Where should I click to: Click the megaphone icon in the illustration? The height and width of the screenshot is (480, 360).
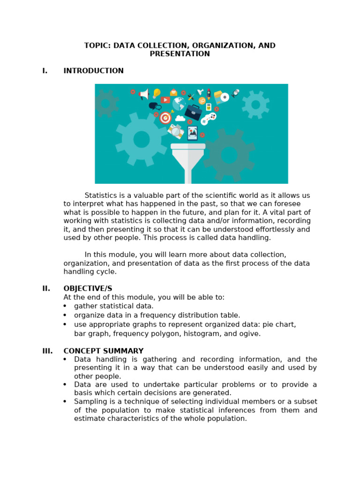point(144,94)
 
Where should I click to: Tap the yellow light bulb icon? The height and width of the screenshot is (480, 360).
point(157,93)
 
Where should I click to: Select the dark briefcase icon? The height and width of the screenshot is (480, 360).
point(193,112)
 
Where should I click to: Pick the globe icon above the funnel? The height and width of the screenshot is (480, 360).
point(178,104)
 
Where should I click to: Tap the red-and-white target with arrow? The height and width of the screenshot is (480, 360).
point(165,117)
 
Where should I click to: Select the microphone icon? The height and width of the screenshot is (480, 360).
point(235,93)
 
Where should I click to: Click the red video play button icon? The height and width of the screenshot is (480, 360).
point(165,100)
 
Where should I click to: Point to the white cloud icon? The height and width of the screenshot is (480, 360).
point(180,119)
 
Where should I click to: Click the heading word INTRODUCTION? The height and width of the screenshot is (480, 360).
point(93,71)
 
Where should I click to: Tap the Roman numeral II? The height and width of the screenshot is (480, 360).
point(46,288)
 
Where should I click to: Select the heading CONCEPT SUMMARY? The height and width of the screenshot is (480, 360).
point(103,351)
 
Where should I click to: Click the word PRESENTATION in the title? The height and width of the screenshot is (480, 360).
point(180,54)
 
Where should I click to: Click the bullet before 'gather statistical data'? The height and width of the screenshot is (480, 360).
point(65,306)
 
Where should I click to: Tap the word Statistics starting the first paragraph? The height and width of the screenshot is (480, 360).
point(101,195)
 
